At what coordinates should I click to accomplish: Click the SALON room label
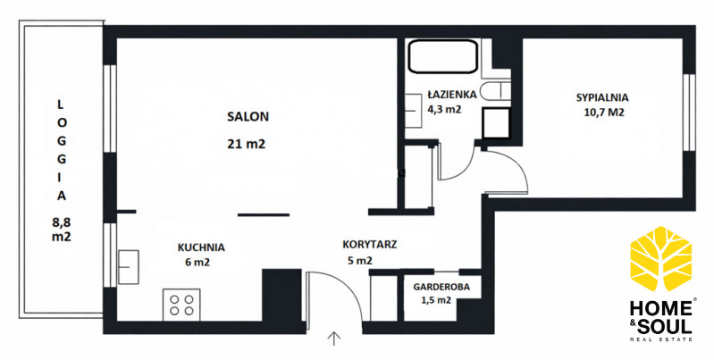[x=248, y=116]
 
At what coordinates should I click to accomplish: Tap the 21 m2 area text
[x=246, y=145]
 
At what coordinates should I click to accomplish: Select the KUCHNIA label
[x=201, y=247]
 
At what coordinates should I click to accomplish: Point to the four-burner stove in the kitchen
[x=181, y=305]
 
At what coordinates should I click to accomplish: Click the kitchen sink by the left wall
[x=128, y=267]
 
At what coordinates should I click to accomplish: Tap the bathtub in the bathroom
[x=442, y=56]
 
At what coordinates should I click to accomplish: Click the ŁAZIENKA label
[x=451, y=94]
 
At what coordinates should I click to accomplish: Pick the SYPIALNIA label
[x=602, y=97]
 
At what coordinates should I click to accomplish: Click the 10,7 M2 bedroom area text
[x=603, y=113]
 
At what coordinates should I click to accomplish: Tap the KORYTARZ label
[x=370, y=245]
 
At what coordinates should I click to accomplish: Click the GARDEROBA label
[x=441, y=287]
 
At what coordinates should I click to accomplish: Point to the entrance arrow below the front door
[x=334, y=339]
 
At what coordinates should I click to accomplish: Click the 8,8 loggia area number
[x=62, y=222]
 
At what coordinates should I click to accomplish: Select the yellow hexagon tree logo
[x=660, y=258]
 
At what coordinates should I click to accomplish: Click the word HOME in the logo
[x=660, y=309]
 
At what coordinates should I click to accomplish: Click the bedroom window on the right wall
[x=689, y=113]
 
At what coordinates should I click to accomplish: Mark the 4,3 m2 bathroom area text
[x=444, y=109]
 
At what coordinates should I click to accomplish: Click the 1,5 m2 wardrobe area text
[x=441, y=300]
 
